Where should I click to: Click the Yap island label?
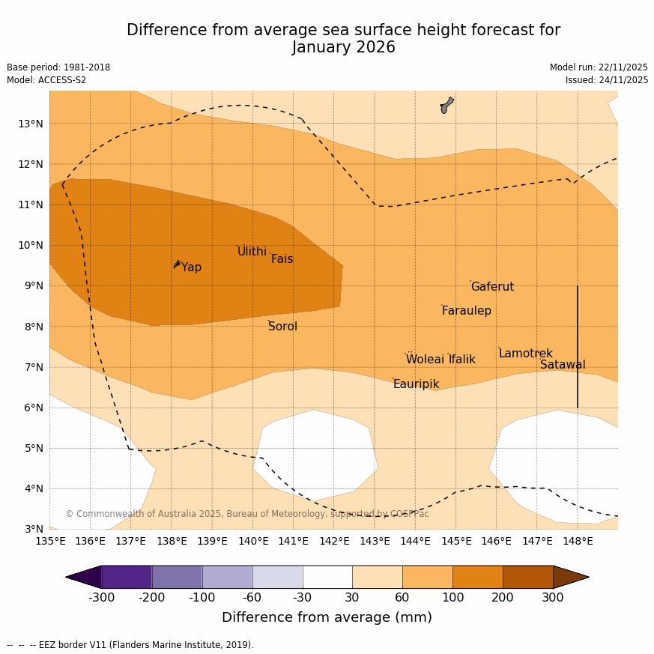point(191,267)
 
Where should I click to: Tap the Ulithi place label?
point(252,252)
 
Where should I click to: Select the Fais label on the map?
point(282,259)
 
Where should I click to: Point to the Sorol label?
point(282,327)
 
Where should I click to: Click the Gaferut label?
point(492,287)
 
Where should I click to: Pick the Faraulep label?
point(466,311)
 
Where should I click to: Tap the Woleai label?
point(425,360)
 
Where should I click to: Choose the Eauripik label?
point(416,384)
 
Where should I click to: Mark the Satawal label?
point(563,365)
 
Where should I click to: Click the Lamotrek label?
point(525,354)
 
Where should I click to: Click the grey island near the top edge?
point(446,105)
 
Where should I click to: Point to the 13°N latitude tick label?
point(30,124)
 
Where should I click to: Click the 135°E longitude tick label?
point(50,541)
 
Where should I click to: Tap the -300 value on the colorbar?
point(102,598)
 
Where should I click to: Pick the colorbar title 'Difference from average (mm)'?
point(327,618)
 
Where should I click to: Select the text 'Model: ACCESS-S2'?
point(46,80)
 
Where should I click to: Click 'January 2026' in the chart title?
point(343,47)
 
